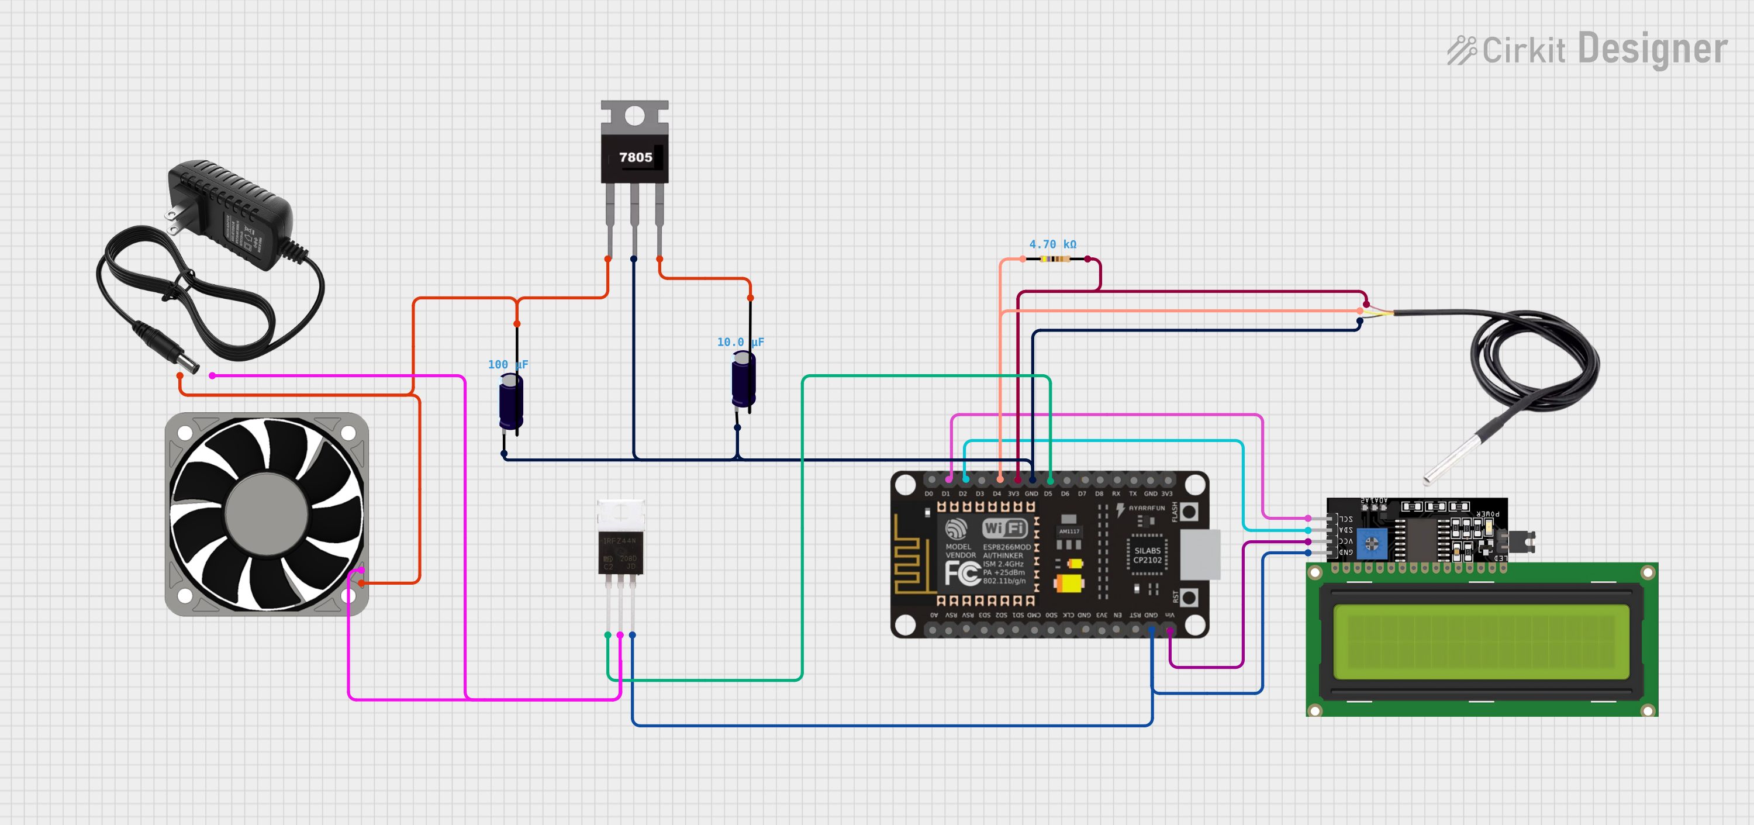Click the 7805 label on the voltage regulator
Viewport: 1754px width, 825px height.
(x=636, y=157)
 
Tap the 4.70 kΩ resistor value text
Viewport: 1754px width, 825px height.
(x=1052, y=244)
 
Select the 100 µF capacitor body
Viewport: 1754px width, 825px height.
(x=510, y=403)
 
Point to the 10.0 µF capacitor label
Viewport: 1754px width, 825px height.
(x=740, y=341)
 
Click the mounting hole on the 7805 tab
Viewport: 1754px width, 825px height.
(x=634, y=116)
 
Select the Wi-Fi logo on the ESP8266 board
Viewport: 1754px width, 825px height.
(x=1004, y=528)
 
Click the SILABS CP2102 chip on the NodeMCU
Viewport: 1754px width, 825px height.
(x=1147, y=555)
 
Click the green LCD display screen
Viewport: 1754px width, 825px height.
(x=1481, y=641)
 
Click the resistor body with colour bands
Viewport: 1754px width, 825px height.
(x=1055, y=258)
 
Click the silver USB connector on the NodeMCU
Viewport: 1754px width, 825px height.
(x=1200, y=555)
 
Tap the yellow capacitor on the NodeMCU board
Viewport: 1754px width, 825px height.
(x=1068, y=583)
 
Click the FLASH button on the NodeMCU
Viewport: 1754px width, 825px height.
(x=1189, y=512)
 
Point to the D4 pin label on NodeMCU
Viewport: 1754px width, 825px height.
(x=996, y=493)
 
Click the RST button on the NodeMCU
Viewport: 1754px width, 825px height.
(x=1189, y=598)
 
